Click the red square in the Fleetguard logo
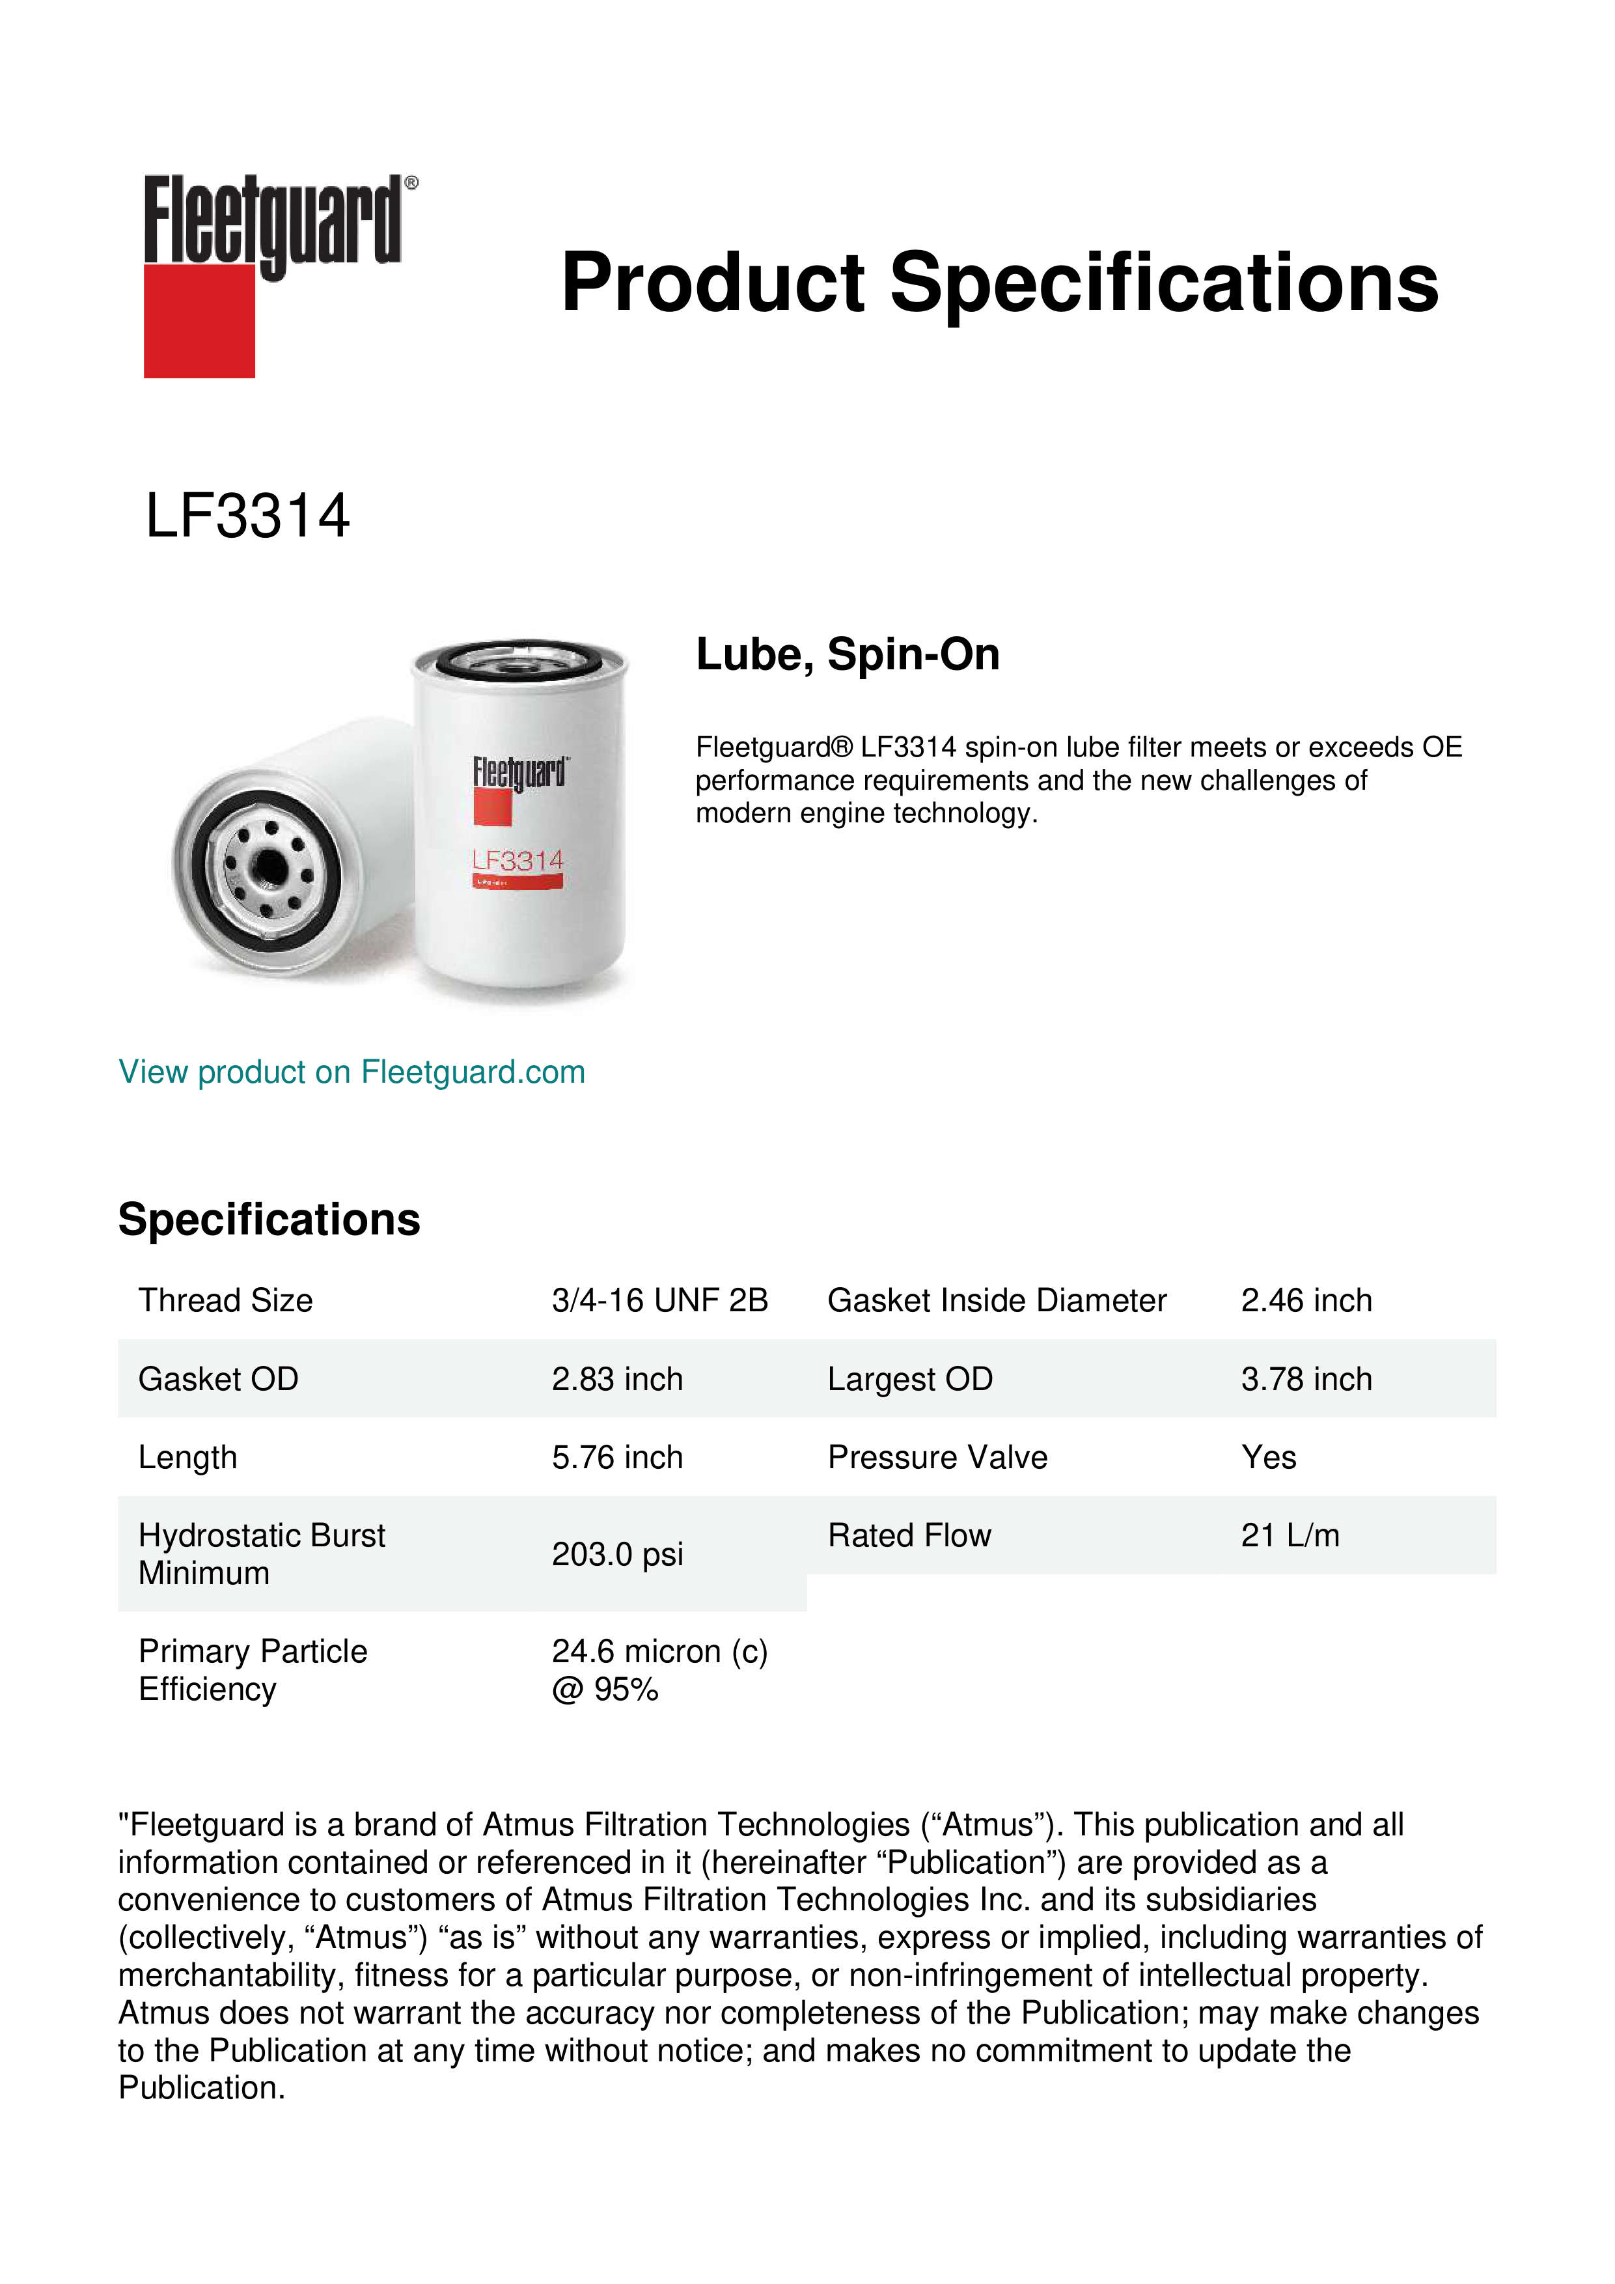(199, 320)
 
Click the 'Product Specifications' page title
(999, 283)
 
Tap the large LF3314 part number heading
(247, 516)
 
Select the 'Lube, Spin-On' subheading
(848, 654)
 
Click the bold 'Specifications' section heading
(268, 1219)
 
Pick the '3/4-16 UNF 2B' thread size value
(659, 1300)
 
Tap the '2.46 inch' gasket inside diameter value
(1306, 1300)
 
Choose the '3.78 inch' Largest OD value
(1306, 1379)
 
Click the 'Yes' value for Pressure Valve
(1268, 1457)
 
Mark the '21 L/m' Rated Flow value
(1290, 1536)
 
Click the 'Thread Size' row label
(226, 1300)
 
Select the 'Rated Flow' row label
(909, 1536)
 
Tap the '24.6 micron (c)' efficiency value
(659, 1651)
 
